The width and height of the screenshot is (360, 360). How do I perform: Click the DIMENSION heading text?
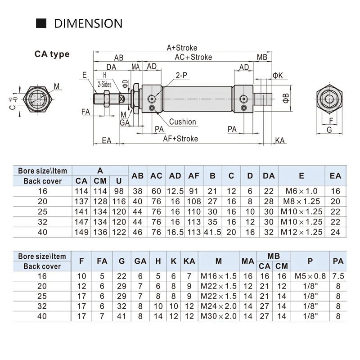(x=88, y=23)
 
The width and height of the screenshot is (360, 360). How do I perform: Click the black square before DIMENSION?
(x=41, y=23)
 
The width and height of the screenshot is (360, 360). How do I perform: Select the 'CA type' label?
(x=52, y=54)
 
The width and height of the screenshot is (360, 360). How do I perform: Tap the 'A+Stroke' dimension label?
(x=182, y=48)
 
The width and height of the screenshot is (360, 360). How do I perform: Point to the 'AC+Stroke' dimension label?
(x=193, y=57)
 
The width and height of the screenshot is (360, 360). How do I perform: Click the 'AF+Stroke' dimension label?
(x=180, y=139)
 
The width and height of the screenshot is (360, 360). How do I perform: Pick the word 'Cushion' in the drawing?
(x=182, y=122)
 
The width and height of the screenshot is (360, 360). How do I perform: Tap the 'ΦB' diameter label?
(x=286, y=99)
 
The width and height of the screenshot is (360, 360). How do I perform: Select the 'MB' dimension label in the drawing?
(x=262, y=57)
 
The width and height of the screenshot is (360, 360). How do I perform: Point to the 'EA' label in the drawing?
(x=106, y=140)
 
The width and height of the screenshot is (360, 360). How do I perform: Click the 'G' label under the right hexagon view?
(x=329, y=130)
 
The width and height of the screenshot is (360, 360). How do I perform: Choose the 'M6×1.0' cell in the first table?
(x=301, y=191)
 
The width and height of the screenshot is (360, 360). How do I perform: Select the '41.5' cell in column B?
(x=212, y=232)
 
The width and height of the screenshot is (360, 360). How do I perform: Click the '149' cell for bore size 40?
(x=81, y=232)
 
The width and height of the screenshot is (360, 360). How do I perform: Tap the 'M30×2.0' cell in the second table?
(x=219, y=316)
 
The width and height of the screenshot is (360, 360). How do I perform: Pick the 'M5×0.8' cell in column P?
(x=310, y=275)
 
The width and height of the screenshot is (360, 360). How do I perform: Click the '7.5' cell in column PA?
(x=338, y=275)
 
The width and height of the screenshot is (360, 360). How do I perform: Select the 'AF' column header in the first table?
(x=194, y=176)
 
